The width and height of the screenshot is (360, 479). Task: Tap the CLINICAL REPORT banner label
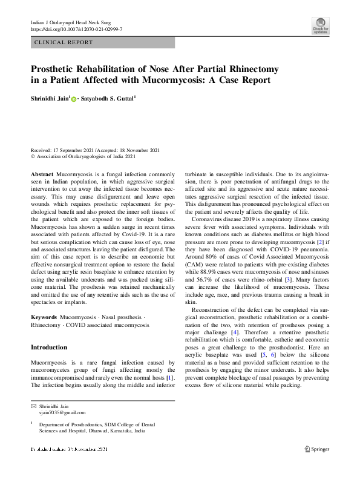point(64,43)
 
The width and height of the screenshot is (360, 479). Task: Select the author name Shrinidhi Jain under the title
point(51,97)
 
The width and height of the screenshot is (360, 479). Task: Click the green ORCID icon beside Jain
point(74,98)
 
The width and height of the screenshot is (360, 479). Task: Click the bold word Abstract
point(42,174)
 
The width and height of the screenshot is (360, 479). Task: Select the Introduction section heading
point(49,348)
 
